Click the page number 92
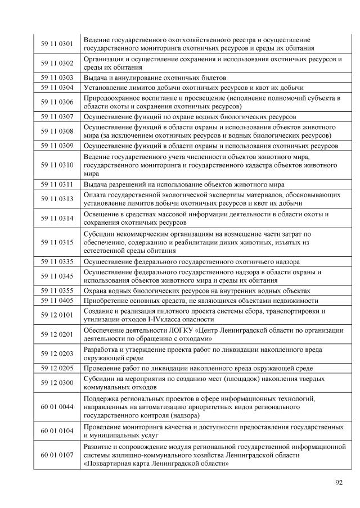[338, 482]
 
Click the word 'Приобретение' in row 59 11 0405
[106, 301]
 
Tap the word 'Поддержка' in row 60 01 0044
[101, 398]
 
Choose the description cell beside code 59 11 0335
[191, 262]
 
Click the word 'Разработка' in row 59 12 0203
[102, 350]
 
